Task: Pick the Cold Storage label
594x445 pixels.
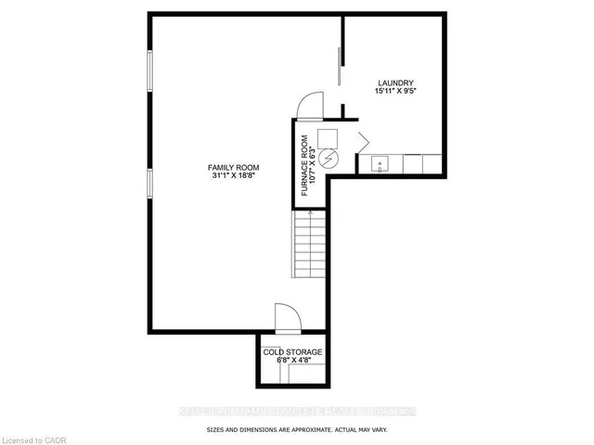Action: click(291, 352)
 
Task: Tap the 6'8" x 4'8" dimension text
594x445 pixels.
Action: click(291, 362)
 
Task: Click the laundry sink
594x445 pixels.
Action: click(379, 164)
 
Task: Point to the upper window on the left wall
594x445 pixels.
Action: click(148, 72)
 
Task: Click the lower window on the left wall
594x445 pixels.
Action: click(148, 182)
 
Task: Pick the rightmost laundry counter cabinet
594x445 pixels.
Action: click(433, 164)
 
